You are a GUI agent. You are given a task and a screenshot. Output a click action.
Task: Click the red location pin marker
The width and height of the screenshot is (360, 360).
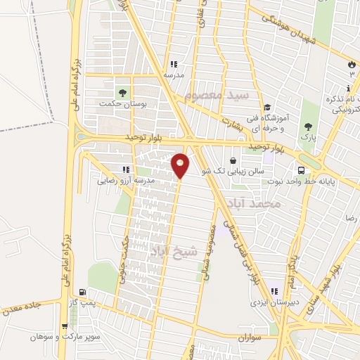click(x=180, y=165)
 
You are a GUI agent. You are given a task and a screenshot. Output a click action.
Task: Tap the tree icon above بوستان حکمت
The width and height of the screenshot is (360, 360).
click(x=123, y=91)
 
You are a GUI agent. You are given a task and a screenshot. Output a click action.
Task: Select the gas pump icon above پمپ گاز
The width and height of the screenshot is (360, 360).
click(x=84, y=292)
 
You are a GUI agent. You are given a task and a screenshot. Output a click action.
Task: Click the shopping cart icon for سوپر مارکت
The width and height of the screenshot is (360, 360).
click(x=65, y=326)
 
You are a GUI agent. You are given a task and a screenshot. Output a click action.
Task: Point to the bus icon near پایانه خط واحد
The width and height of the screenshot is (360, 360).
click(x=301, y=170)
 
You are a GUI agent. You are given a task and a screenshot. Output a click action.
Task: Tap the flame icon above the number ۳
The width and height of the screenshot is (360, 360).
click(x=351, y=65)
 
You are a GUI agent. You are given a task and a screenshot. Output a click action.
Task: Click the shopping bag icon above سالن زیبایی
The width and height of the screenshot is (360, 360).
click(x=233, y=160)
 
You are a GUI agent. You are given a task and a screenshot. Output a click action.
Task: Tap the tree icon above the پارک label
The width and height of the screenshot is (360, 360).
click(x=307, y=127)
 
